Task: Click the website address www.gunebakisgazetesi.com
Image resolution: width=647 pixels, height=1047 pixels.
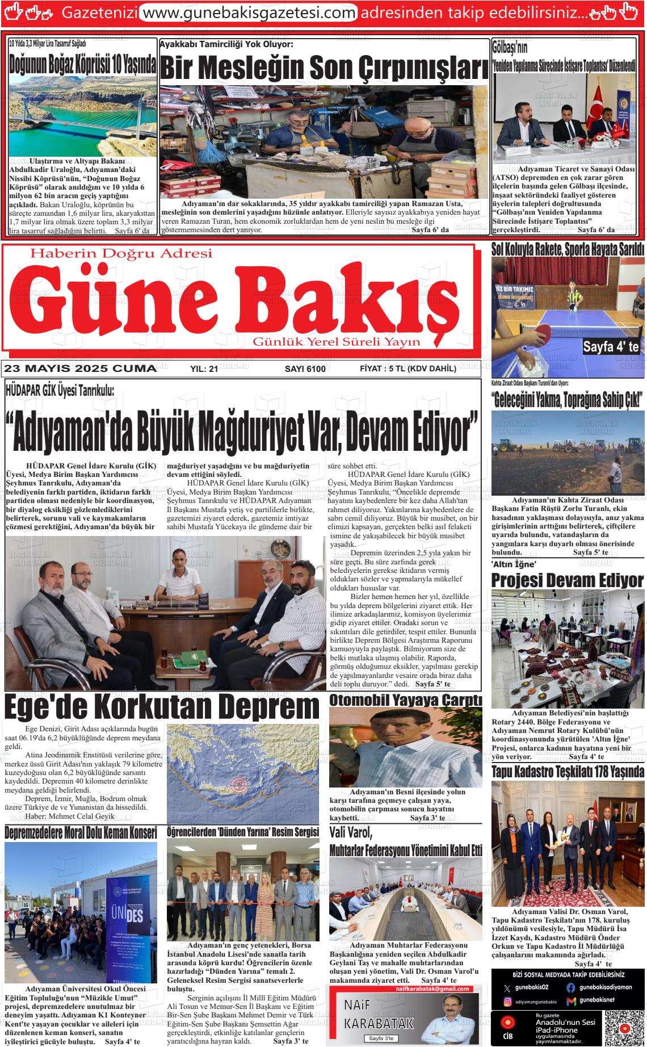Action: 248,12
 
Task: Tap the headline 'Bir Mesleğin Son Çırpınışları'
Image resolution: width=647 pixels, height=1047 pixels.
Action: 323,69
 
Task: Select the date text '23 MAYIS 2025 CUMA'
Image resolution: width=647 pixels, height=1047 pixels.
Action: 80,368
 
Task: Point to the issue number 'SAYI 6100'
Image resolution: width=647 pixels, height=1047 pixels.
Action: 305,369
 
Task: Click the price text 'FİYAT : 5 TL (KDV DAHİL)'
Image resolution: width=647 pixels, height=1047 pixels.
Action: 407,368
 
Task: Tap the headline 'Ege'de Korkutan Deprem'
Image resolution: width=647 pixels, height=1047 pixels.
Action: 162,707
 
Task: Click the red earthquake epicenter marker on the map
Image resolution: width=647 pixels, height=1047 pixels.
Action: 234,785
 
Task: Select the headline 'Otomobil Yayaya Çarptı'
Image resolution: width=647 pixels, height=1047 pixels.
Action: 405,700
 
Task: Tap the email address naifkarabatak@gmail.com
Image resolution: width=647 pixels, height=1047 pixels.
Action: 438,989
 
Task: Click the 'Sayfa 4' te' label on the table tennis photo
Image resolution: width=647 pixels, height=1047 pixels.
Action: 611,347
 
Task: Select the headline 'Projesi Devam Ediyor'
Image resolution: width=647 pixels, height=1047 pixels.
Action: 567,580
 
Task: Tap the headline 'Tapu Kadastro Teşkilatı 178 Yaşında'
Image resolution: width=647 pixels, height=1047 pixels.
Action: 567,772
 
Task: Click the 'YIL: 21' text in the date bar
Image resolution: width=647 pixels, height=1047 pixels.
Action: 204,369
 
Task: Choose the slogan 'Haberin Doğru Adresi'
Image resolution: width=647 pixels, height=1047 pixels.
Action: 121,253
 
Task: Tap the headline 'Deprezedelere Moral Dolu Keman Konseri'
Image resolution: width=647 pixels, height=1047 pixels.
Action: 81,833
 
